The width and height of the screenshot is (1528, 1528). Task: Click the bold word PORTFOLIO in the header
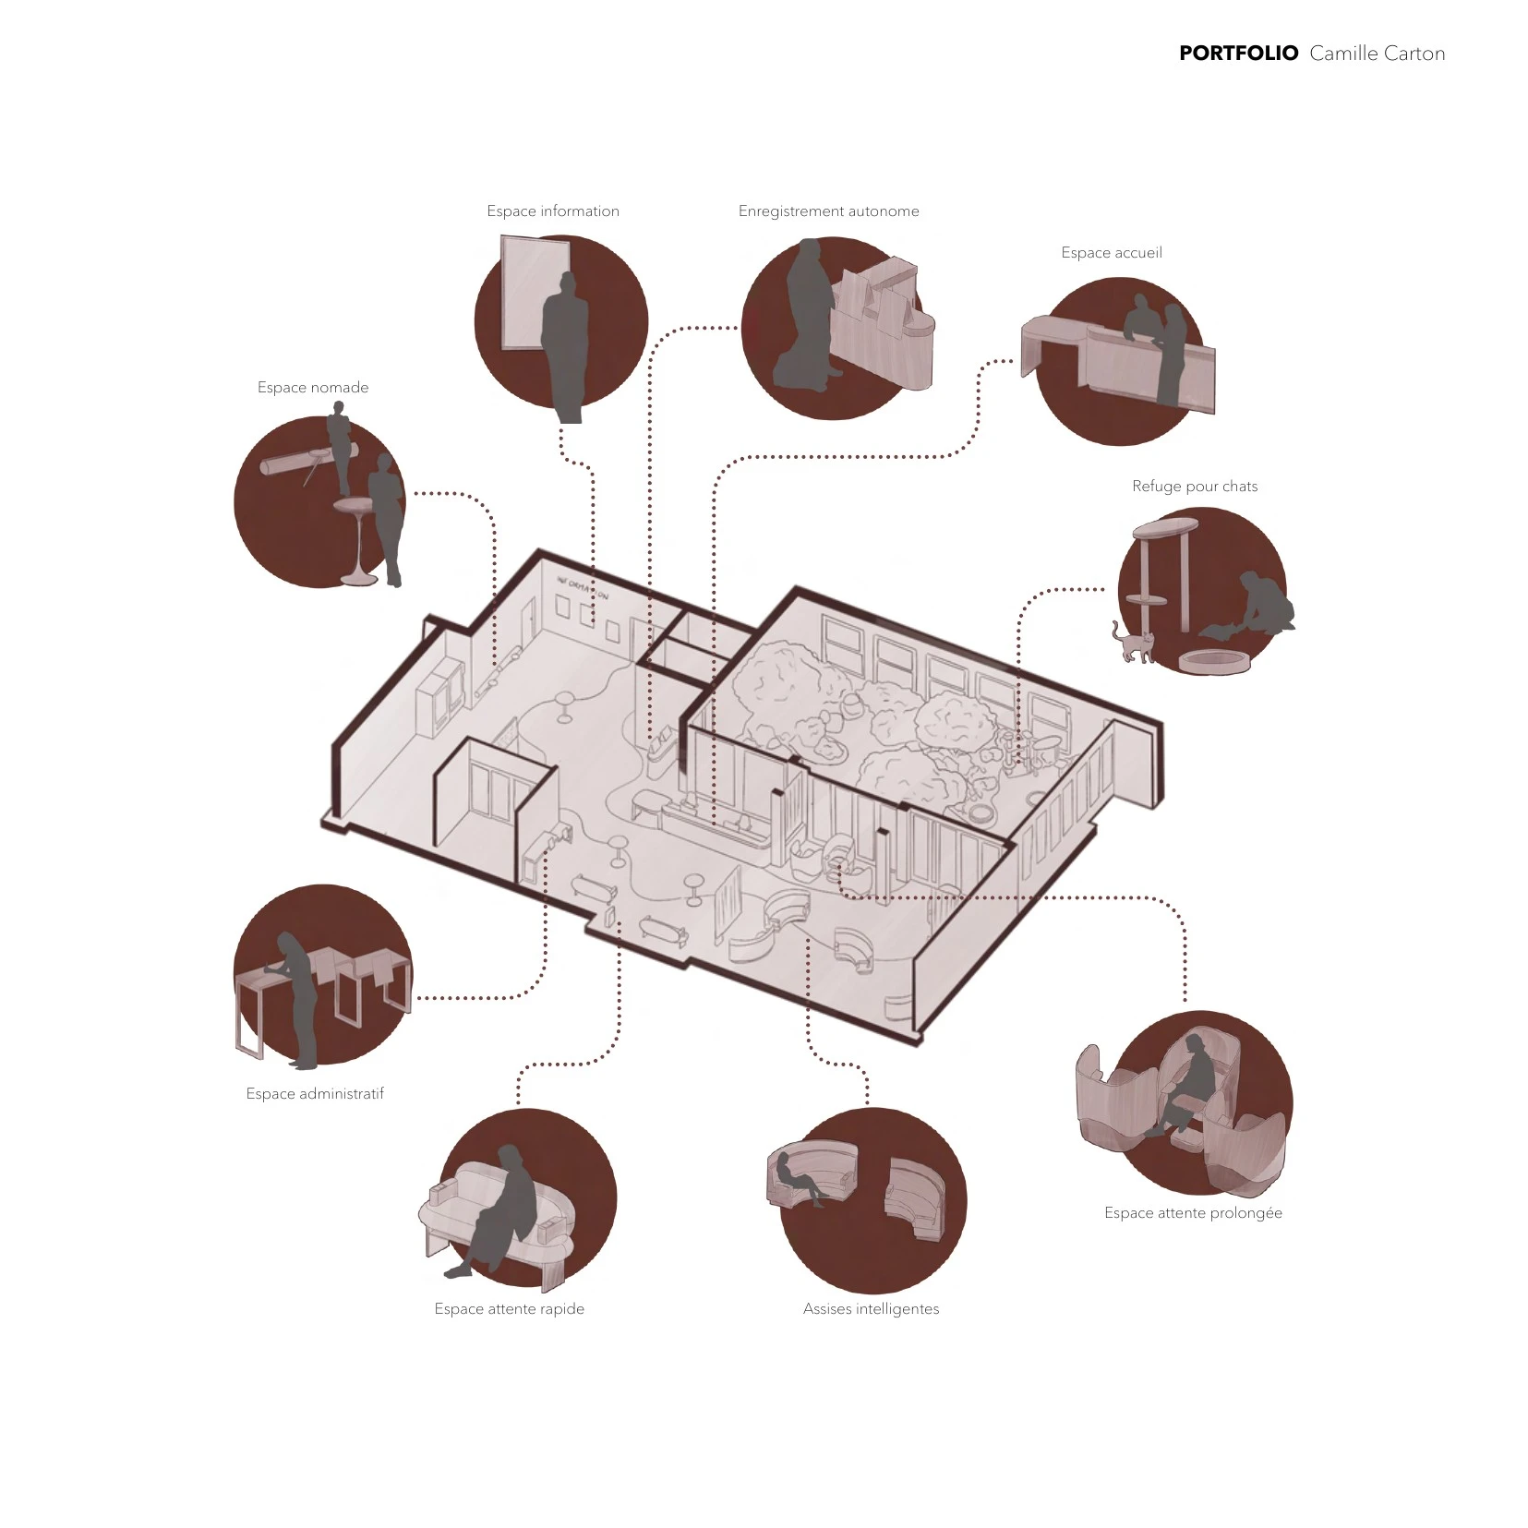[x=1238, y=54]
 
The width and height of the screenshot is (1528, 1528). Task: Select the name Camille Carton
[x=1377, y=54]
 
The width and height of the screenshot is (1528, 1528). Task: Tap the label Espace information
[x=553, y=211]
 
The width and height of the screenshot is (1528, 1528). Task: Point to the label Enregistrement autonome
[x=828, y=211]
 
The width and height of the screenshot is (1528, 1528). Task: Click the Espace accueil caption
[x=1112, y=253]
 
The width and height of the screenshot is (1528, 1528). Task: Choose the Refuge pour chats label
[x=1195, y=487]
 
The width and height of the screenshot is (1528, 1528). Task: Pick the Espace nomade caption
[x=313, y=388]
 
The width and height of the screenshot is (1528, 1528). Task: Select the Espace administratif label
[x=315, y=1094]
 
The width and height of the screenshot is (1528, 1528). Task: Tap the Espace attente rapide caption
[x=510, y=1309]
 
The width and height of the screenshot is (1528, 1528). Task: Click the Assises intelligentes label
[x=871, y=1309]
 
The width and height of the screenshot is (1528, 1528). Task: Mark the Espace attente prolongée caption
[x=1193, y=1213]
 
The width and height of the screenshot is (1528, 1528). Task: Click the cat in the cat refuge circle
[x=1133, y=644]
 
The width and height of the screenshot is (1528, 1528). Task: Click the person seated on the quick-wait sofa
[x=499, y=1212]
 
